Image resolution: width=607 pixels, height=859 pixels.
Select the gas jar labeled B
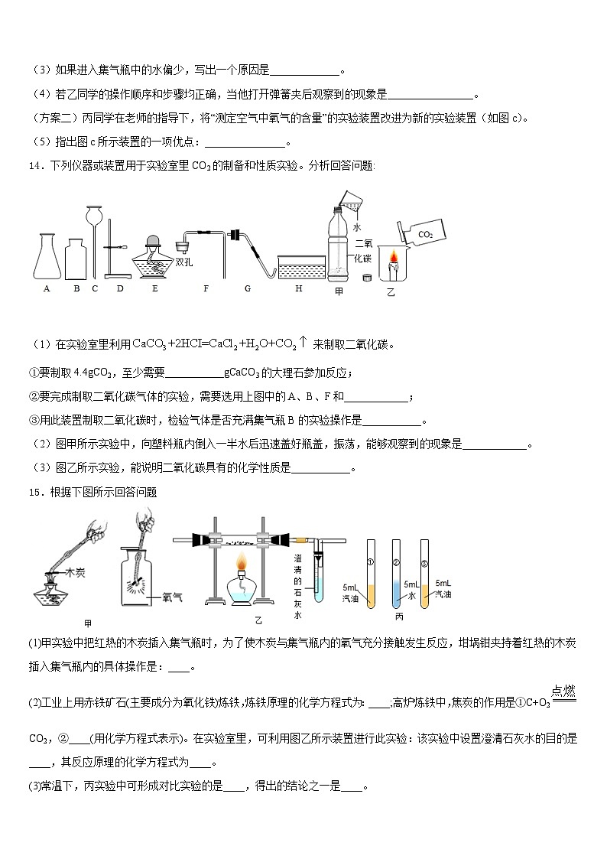[76, 260]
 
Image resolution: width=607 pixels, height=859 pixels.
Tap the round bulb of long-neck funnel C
[95, 215]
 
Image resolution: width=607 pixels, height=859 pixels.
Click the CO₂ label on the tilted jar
[425, 235]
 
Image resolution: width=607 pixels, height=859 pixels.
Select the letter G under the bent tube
[248, 288]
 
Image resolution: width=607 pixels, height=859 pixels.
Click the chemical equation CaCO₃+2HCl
[215, 344]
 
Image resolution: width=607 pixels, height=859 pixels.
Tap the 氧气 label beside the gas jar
[162, 597]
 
